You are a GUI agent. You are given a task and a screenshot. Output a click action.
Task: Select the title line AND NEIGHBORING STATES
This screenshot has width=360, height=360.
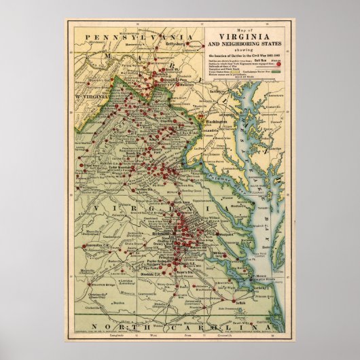pos(242,46)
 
